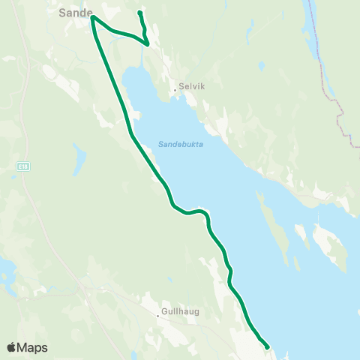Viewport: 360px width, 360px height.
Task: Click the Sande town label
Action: click(75, 13)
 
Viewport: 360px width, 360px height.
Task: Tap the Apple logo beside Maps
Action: click(11, 347)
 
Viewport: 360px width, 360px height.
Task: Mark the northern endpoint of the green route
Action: click(140, 13)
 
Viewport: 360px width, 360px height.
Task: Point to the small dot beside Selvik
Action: click(175, 91)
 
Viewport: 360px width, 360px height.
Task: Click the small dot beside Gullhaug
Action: click(157, 316)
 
